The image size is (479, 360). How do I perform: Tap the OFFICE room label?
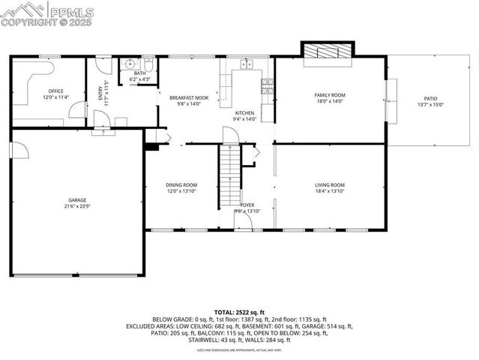tap(55, 92)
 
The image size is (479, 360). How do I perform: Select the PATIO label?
tap(430, 98)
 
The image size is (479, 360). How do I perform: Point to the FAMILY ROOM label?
tap(329, 94)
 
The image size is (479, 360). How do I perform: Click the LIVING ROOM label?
tap(329, 184)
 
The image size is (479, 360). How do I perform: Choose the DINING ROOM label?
tap(181, 184)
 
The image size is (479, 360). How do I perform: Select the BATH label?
tap(139, 73)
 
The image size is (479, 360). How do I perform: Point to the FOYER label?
tap(247, 205)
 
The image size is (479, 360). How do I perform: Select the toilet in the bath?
tap(148, 62)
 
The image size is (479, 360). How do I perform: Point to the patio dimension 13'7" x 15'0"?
tap(430, 104)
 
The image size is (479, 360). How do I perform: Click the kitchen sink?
tap(245, 63)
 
